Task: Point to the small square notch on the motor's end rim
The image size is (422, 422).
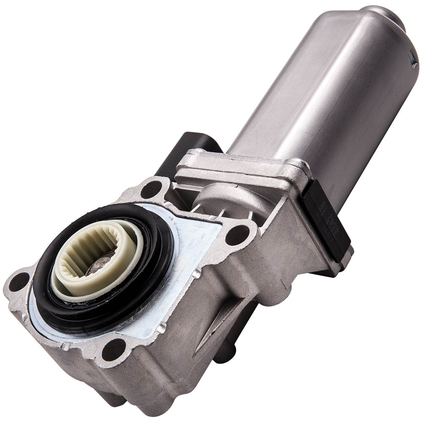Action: coord(412,63)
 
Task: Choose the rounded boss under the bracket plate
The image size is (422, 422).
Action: coord(219,194)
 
